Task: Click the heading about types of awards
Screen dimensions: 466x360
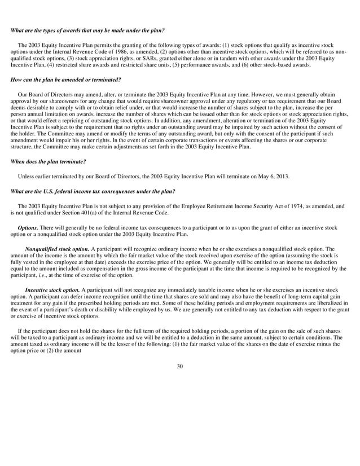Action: coord(87,30)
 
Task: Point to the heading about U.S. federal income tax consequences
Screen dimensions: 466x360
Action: coord(93,191)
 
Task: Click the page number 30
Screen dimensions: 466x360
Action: coord(179,351)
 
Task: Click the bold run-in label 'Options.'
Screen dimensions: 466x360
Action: coord(28,227)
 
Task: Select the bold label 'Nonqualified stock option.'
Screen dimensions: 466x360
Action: coord(57,248)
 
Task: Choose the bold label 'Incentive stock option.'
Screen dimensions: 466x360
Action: coord(54,289)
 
